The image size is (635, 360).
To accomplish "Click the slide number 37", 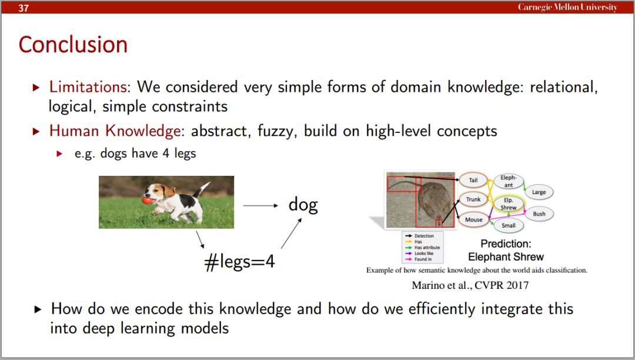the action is coord(24,8).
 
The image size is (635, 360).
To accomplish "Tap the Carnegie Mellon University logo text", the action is coord(568,7).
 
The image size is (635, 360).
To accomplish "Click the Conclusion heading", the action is coord(73,45).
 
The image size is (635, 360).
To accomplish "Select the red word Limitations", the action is coord(88,86).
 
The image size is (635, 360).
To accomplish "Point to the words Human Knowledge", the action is coord(115,131).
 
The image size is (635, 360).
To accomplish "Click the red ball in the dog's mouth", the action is coord(148,200).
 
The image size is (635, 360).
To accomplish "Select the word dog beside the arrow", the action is coord(303,205).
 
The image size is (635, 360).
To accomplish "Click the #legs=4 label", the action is coord(240,262).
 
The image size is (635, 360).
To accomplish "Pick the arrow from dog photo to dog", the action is coord(260,206).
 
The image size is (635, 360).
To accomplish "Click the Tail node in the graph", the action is coord(473,180).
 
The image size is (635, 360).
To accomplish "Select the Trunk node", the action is coord(473,199).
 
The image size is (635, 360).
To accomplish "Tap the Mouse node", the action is coord(473,219).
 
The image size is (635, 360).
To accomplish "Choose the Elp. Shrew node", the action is coord(508,204).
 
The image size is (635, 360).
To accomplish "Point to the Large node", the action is coord(539,192).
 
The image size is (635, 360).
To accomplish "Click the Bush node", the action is coord(539,214).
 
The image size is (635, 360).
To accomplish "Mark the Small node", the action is coord(508,225).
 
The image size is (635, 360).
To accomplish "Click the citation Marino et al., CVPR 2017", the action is coord(470,285).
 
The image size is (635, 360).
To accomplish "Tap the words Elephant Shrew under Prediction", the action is coord(506,256).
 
